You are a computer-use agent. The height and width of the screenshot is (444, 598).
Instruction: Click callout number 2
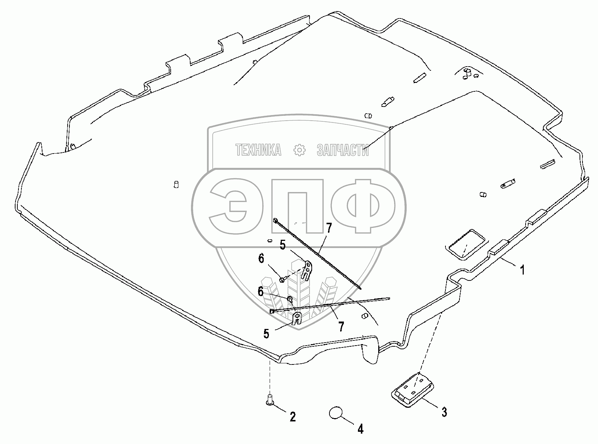[292, 417]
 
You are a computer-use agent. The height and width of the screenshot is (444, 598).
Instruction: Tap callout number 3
[444, 411]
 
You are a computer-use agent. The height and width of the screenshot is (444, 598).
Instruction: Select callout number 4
[360, 429]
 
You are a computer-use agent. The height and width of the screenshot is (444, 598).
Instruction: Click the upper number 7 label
[328, 228]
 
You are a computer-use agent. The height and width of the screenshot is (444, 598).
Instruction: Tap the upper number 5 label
[283, 245]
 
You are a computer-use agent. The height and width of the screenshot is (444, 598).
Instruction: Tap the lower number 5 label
[266, 333]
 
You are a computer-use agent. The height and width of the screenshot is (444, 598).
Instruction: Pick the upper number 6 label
[261, 259]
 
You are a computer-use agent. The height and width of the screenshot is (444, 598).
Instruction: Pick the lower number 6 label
[261, 292]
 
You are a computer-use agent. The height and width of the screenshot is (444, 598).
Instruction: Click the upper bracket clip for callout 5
[307, 270]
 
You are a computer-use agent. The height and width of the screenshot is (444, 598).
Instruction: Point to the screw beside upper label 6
[282, 279]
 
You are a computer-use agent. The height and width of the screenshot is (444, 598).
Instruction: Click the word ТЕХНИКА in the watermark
[259, 150]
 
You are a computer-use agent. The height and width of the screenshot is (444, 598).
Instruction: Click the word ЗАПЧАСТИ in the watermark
[343, 150]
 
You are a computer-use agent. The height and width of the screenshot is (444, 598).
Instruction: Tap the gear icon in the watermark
[300, 150]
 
